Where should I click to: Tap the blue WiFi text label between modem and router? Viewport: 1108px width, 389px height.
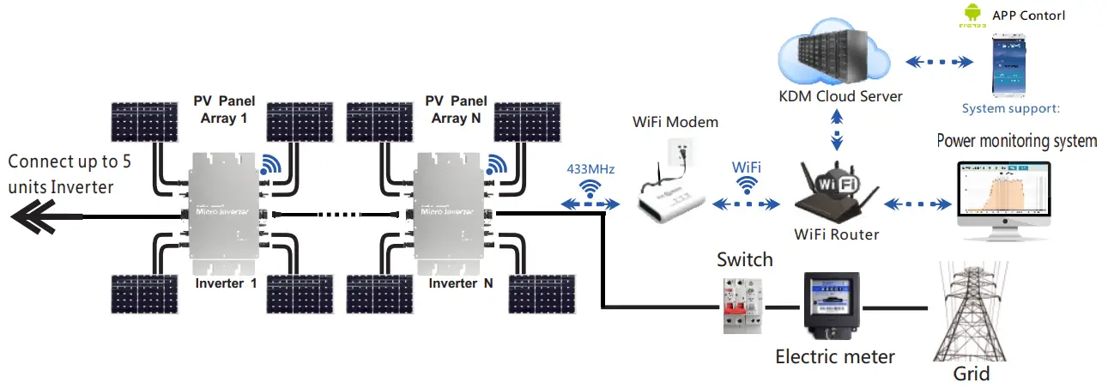(747, 166)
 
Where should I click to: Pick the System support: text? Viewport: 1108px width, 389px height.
(1011, 109)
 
